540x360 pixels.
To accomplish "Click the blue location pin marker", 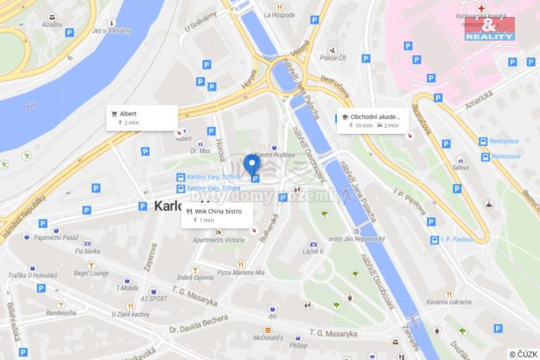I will [x=251, y=165].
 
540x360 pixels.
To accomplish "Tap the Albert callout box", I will [x=142, y=117].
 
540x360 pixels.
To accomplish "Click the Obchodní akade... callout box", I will [x=373, y=121].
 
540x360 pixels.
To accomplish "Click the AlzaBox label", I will [x=52, y=25].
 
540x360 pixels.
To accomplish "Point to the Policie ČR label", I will [x=334, y=58].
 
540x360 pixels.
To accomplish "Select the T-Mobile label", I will [x=126, y=288].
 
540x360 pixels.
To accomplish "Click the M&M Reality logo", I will [x=488, y=28].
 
